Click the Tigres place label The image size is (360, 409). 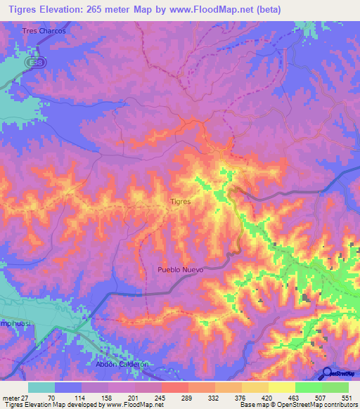pyautogui.click(x=181, y=201)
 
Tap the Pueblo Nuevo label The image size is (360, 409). pyautogui.click(x=181, y=270)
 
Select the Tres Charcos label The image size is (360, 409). pyautogui.click(x=44, y=32)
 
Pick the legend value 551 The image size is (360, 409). pyautogui.click(x=345, y=397)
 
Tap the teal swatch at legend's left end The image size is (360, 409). pyautogui.click(x=41, y=387)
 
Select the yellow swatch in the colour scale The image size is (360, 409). pyautogui.click(x=281, y=387)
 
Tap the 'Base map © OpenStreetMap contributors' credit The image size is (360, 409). pyautogui.click(x=297, y=405)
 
